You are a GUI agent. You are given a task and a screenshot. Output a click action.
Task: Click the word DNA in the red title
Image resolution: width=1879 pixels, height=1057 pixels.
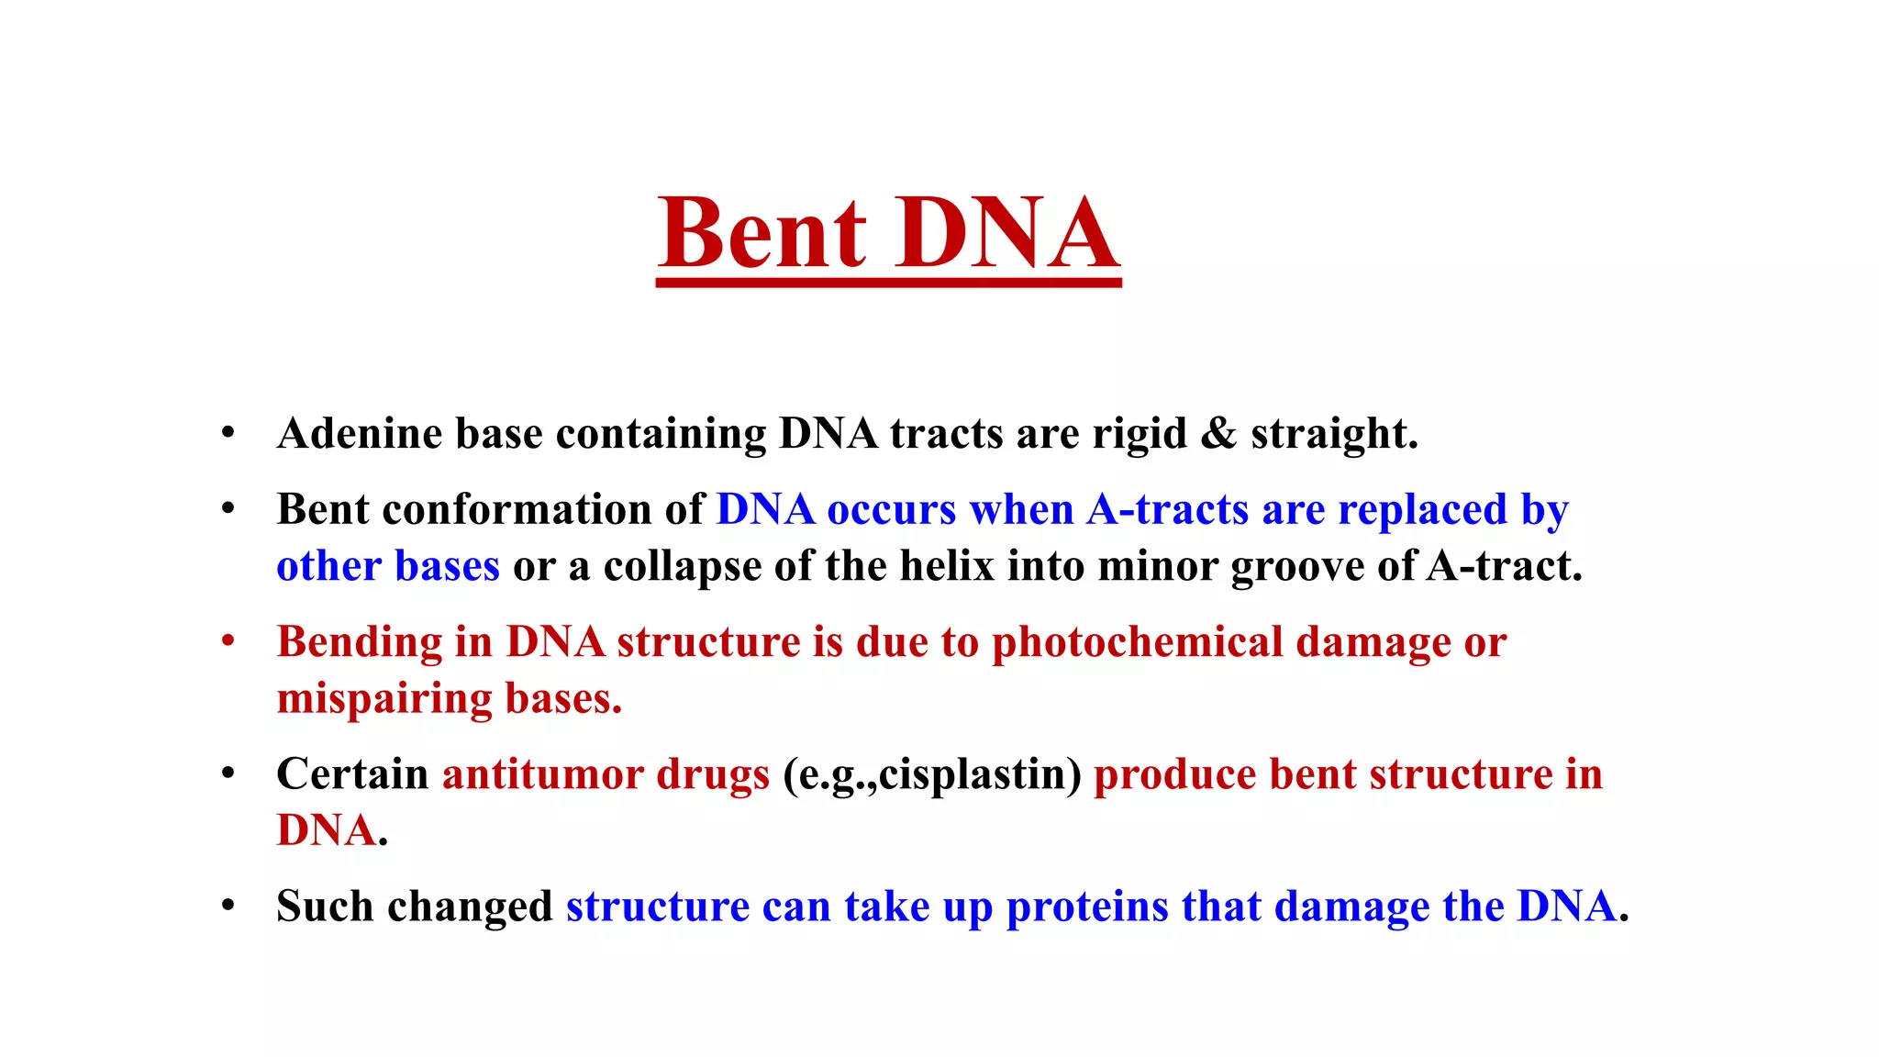(x=1007, y=234)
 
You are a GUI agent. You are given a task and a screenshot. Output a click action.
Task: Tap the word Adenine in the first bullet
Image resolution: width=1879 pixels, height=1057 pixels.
(x=359, y=434)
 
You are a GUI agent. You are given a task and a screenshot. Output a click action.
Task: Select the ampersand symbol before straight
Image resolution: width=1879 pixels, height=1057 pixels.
(x=1218, y=434)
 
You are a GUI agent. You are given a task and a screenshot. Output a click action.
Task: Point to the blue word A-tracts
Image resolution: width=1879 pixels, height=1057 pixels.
(x=1167, y=510)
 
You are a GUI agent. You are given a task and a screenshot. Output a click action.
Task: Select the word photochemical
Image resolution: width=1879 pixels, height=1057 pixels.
(x=1138, y=642)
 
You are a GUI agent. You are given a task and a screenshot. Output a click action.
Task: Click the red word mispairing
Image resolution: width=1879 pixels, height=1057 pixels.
(x=384, y=699)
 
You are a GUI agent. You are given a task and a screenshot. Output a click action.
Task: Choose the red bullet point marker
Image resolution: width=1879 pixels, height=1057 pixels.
(x=228, y=641)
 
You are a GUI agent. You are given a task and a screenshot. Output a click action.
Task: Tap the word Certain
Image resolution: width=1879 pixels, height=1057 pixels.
(x=352, y=774)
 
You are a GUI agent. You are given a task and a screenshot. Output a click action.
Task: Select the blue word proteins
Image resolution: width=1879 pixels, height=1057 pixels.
(x=1087, y=907)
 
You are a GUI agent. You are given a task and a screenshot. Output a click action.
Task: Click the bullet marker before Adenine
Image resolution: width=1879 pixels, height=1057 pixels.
(x=228, y=433)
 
